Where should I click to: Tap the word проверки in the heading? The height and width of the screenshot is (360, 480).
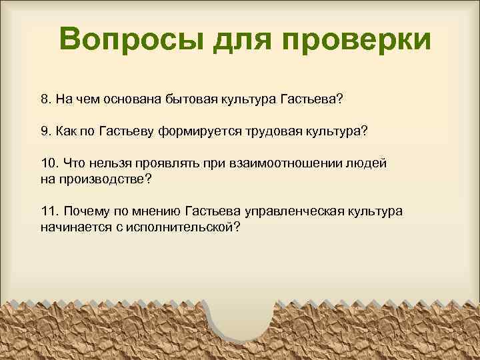[356, 39]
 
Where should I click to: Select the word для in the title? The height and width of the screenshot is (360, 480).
[241, 39]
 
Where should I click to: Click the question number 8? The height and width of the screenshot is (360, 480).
[45, 99]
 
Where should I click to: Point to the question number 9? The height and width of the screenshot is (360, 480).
[45, 131]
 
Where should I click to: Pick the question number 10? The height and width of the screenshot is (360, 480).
[48, 163]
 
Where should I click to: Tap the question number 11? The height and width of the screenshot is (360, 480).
[48, 211]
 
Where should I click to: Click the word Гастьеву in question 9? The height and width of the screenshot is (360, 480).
[127, 131]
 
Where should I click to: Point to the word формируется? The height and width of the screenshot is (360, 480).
[195, 131]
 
